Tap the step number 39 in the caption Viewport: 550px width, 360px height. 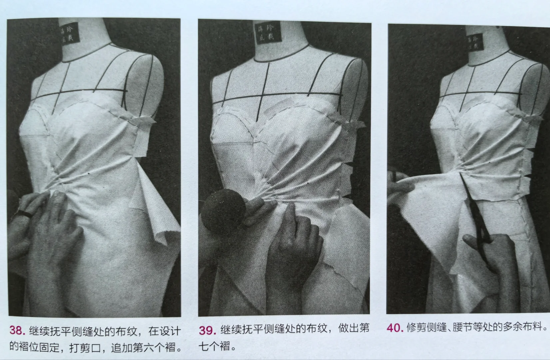207,330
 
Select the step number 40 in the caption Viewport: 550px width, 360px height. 395,328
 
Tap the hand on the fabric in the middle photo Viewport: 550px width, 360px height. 293,247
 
